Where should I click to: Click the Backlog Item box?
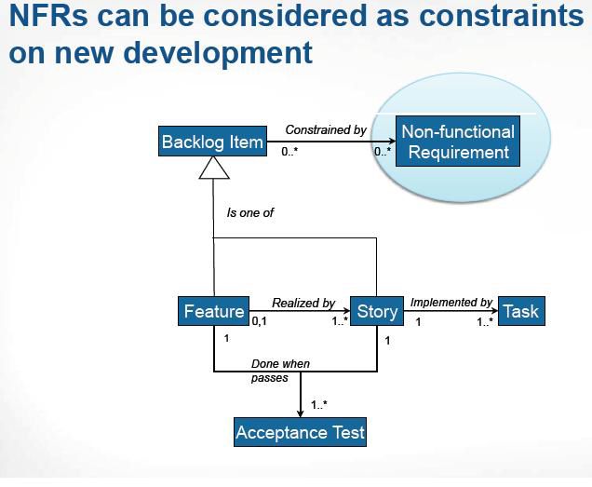click(x=212, y=142)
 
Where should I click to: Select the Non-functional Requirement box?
click(x=458, y=142)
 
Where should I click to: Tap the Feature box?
click(x=213, y=311)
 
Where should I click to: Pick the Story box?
click(x=377, y=311)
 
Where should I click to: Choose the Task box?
click(x=520, y=311)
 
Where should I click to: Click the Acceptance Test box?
click(x=300, y=432)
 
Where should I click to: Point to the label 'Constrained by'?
click(x=326, y=129)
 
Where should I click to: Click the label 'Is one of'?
click(x=249, y=212)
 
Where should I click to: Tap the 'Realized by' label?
click(x=303, y=303)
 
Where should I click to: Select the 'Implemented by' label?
click(x=451, y=303)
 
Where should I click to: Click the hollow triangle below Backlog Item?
click(x=214, y=168)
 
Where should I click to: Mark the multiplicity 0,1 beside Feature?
click(x=260, y=321)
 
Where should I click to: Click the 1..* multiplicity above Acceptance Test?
click(x=319, y=405)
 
